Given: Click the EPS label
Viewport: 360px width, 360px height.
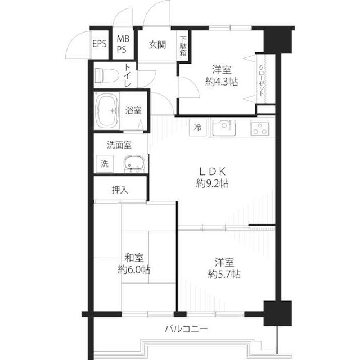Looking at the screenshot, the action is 100,44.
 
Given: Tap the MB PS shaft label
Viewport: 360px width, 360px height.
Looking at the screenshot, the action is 123,44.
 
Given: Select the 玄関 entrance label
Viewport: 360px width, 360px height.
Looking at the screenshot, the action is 157,45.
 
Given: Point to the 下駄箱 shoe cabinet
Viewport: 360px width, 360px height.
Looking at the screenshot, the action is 183,46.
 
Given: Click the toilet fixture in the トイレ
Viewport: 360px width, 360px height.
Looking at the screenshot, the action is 106,75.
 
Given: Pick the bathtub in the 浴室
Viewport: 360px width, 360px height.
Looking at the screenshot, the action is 107,111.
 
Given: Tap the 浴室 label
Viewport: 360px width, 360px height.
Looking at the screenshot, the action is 133,110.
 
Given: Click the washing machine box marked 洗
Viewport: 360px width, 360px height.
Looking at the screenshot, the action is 105,164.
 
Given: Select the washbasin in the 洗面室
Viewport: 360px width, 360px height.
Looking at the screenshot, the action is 134,164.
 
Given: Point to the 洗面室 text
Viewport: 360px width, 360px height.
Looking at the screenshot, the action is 119,145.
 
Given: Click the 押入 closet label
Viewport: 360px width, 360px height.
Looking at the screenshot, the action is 120,190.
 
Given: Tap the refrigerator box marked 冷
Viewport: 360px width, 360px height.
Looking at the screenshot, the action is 197,127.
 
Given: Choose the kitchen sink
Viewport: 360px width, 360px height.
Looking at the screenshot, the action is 224,128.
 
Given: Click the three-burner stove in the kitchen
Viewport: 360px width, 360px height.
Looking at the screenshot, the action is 260,128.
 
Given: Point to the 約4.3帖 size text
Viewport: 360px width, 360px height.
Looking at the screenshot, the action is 222,82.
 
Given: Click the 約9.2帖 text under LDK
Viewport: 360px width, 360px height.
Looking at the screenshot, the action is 213,184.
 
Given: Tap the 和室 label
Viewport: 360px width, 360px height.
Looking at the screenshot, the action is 134,258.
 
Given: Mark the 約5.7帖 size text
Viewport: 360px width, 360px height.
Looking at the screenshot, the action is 224,274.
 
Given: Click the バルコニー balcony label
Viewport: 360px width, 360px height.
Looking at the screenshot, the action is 186,329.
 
